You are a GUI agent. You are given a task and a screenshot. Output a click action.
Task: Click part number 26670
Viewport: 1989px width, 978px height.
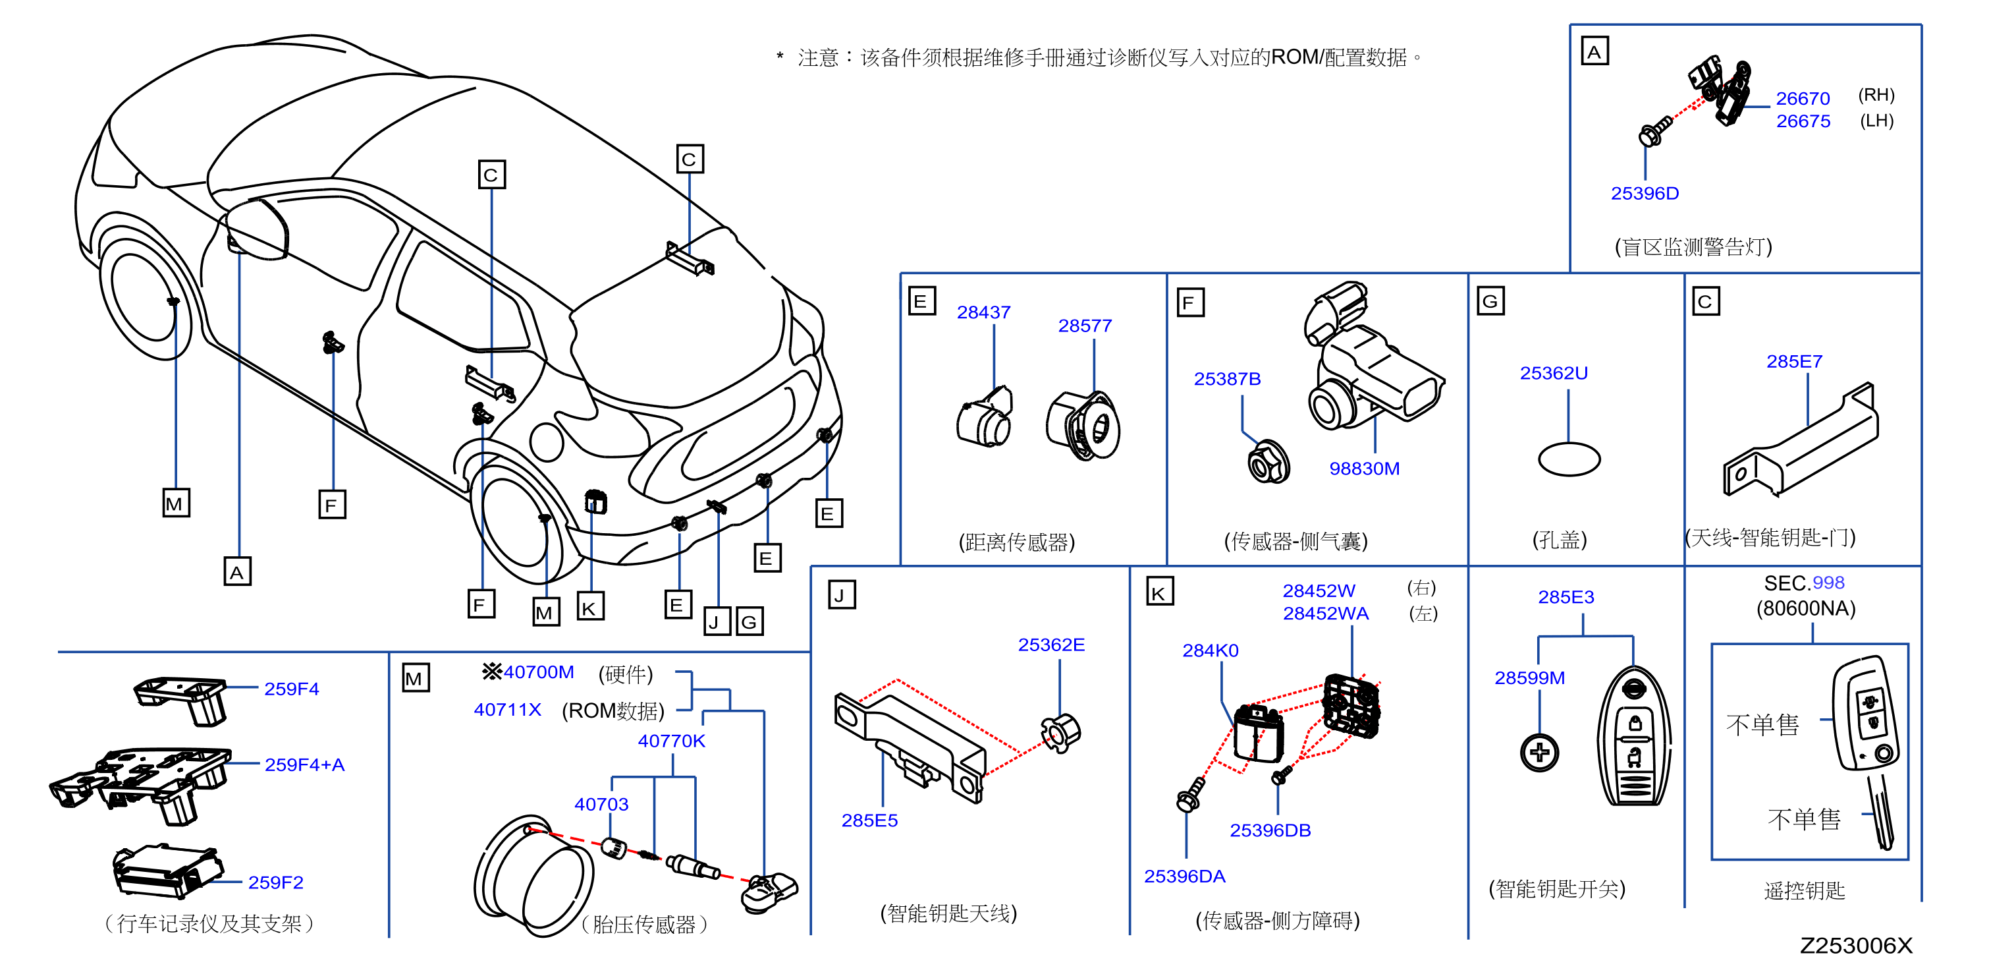coord(1802,99)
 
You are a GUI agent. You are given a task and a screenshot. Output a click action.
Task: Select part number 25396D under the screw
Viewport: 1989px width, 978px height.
coord(1645,193)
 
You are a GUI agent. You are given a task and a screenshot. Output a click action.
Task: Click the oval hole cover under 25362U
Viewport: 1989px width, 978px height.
coord(1569,459)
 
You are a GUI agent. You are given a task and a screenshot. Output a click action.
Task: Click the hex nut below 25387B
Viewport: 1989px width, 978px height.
coord(1268,462)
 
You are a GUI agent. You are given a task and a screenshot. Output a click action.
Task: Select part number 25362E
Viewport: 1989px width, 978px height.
coord(1051,645)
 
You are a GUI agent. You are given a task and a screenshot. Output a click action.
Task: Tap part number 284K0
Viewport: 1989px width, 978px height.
coord(1210,650)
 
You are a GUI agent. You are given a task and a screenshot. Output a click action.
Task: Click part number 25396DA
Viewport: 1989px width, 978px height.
coord(1184,876)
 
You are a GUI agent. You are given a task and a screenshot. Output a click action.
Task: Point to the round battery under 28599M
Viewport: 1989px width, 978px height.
coord(1539,753)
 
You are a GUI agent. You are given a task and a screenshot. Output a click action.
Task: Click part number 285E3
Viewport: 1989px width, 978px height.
coord(1566,597)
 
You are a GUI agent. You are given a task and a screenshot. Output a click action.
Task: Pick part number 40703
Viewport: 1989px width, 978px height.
coord(601,804)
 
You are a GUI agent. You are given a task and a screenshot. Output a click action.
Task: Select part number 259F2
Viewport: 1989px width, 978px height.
coord(276,882)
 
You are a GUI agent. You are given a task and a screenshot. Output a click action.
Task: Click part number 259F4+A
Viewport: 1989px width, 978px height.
coord(304,764)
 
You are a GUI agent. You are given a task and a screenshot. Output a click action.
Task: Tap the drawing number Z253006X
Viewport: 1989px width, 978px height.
coord(1855,946)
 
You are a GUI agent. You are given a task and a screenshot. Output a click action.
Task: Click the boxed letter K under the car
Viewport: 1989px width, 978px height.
coord(591,607)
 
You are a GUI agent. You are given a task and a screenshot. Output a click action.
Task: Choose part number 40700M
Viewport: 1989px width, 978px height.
coord(538,672)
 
